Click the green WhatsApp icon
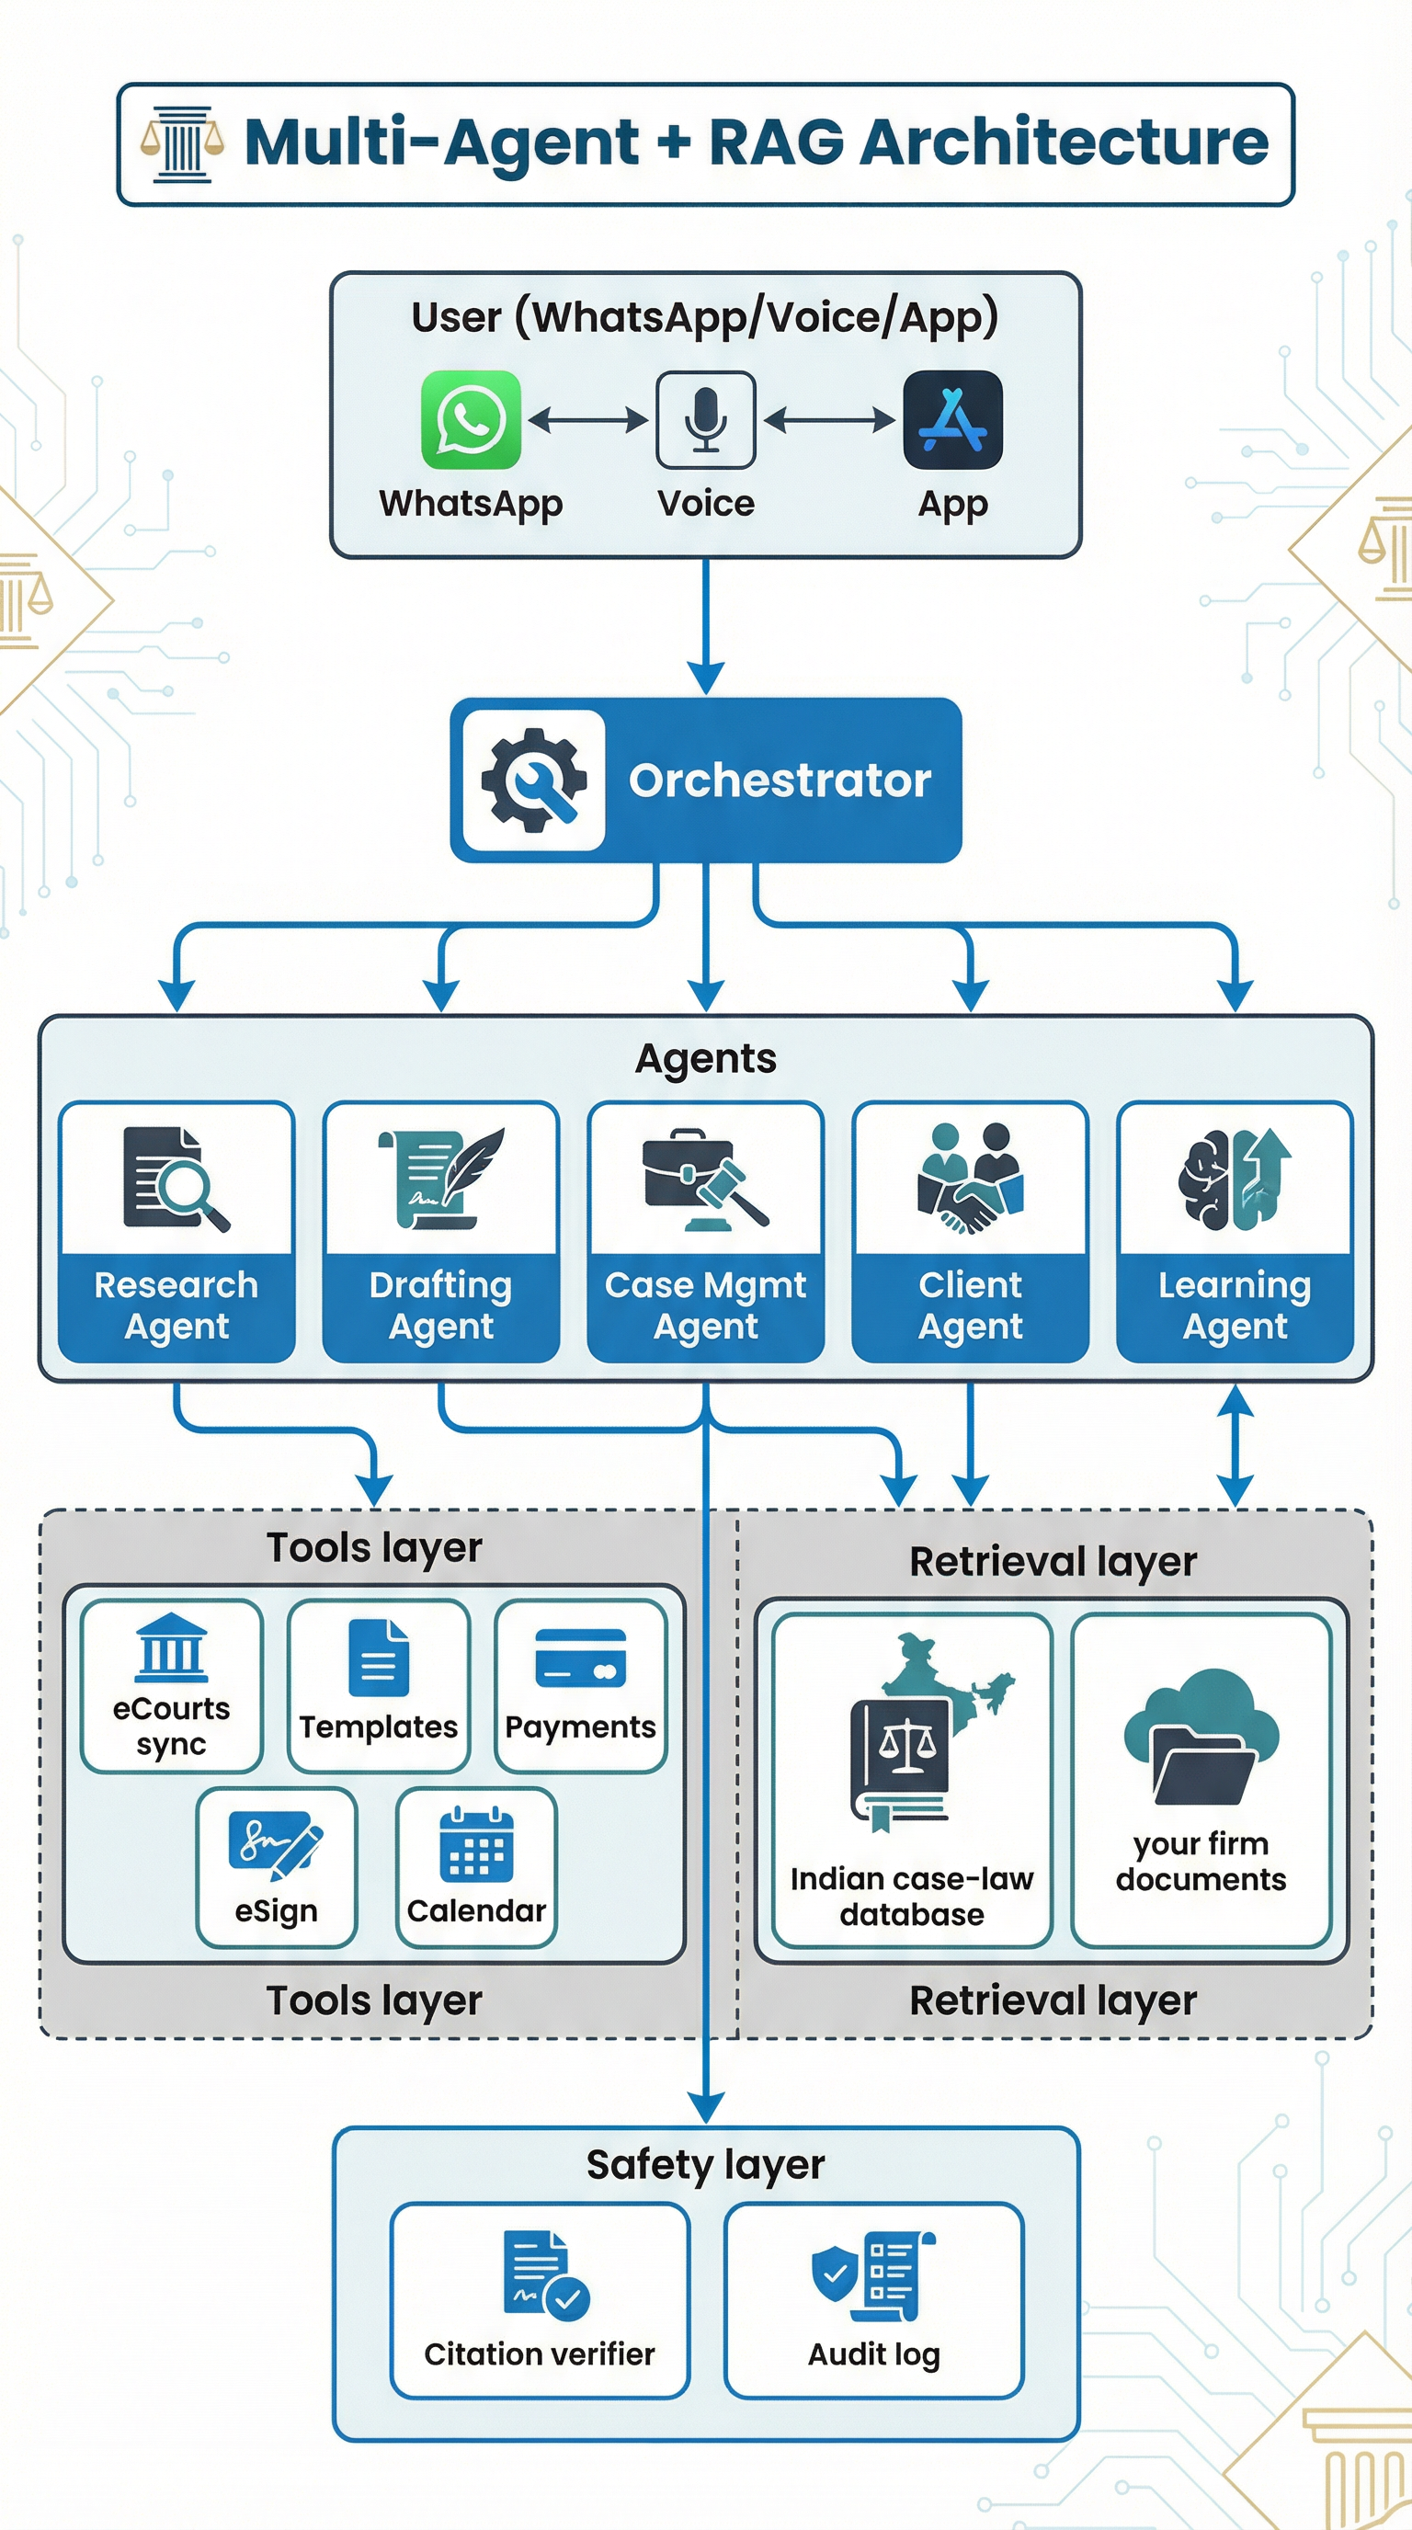point(471,419)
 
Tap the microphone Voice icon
point(705,419)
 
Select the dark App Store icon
point(951,419)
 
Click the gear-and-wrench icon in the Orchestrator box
point(533,780)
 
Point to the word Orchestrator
point(780,781)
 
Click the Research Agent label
point(176,1305)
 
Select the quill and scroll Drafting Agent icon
point(441,1178)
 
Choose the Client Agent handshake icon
point(970,1178)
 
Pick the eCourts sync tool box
point(172,1685)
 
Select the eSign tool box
point(276,1867)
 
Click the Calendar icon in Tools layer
point(476,1843)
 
